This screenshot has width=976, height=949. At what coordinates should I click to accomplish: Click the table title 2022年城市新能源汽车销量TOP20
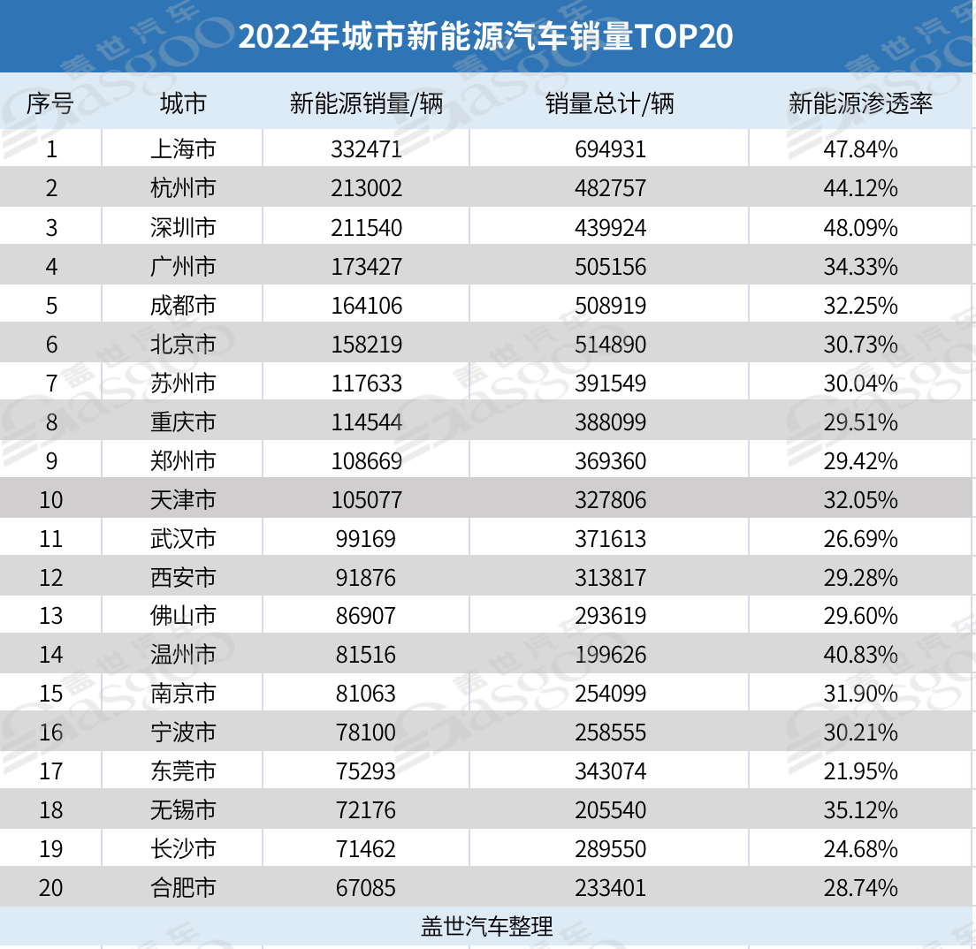486,36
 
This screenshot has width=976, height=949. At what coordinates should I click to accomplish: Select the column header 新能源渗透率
860,104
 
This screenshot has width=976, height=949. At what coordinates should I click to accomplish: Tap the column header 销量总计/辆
609,104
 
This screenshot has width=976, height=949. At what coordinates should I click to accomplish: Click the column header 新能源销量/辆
366,104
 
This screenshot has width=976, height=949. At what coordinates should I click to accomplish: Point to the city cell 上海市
183,149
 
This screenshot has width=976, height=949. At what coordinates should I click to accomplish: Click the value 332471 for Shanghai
366,149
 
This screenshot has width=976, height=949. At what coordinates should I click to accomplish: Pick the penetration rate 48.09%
860,228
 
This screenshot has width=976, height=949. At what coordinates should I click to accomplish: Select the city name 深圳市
183,228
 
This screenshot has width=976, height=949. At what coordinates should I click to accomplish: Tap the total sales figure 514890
609,345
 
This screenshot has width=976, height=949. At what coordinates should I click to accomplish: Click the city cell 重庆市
183,422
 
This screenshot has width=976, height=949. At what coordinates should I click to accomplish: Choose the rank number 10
51,500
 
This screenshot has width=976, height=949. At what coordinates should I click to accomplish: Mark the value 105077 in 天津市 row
366,500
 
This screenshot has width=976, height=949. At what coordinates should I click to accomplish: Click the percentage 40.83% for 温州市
860,655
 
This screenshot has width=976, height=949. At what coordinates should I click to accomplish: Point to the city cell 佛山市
183,616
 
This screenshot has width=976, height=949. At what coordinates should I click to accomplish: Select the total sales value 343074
609,771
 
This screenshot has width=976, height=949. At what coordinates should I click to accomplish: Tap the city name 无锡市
183,810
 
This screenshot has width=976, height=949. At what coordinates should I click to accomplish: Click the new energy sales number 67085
366,887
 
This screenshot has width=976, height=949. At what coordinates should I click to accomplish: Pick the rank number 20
51,887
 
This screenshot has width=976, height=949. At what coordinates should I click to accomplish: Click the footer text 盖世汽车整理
487,926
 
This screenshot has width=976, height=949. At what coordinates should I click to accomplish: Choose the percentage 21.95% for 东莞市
860,771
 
